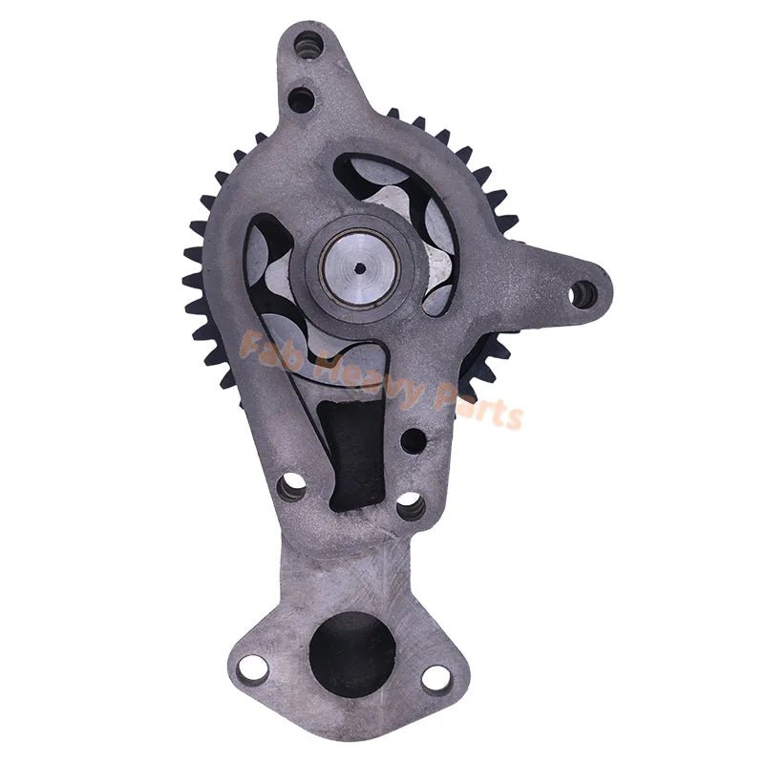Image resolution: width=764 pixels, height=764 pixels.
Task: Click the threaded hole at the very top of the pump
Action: click(308, 44)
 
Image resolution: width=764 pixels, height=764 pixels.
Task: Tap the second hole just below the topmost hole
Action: click(301, 97)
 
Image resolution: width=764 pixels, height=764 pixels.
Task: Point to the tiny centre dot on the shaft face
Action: click(357, 268)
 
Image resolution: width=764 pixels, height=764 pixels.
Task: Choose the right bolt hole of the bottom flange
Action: click(435, 678)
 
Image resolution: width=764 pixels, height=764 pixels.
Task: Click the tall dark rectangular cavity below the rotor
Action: click(350, 449)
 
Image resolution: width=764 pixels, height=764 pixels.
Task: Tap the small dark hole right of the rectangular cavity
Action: click(413, 440)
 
